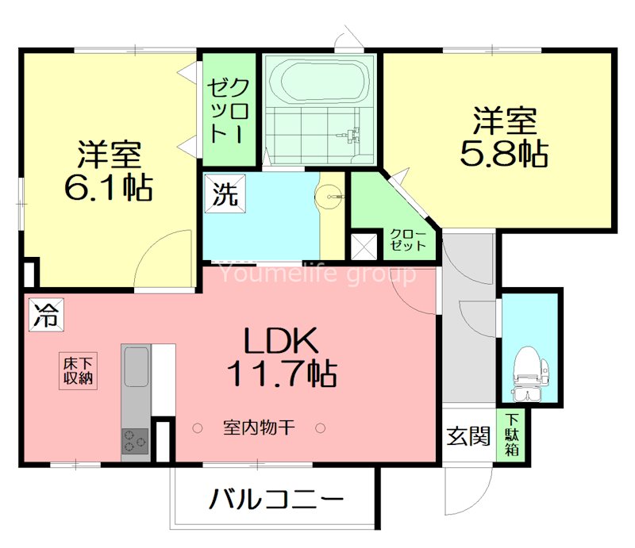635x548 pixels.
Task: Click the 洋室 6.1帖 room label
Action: [x=109, y=170]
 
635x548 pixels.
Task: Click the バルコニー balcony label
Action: [x=277, y=500]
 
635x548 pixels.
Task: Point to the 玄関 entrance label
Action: [x=467, y=435]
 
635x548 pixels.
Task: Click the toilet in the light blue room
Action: [x=528, y=369]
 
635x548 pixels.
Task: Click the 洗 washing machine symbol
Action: [x=224, y=195]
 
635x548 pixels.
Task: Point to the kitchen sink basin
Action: [x=135, y=369]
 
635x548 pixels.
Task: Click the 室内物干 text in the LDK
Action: [x=259, y=428]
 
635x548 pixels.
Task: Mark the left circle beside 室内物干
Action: [x=198, y=428]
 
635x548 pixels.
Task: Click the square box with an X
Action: [x=365, y=246]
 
